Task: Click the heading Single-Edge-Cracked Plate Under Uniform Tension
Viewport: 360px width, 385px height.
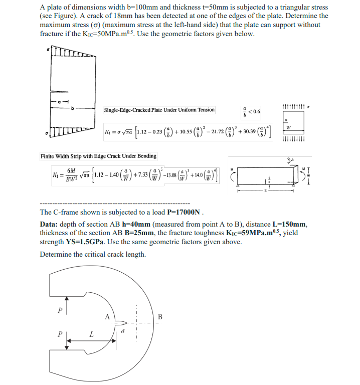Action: click(159, 110)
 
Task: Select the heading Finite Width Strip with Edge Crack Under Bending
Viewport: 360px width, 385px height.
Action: click(98, 156)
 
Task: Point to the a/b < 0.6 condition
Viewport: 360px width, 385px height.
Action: click(251, 110)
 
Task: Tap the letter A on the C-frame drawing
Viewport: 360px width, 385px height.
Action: click(107, 316)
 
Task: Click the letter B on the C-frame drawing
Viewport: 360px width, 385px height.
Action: click(160, 316)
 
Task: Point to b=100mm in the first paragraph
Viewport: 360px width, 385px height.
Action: click(140, 8)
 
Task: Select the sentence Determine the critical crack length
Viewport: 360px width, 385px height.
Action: click(93, 254)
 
